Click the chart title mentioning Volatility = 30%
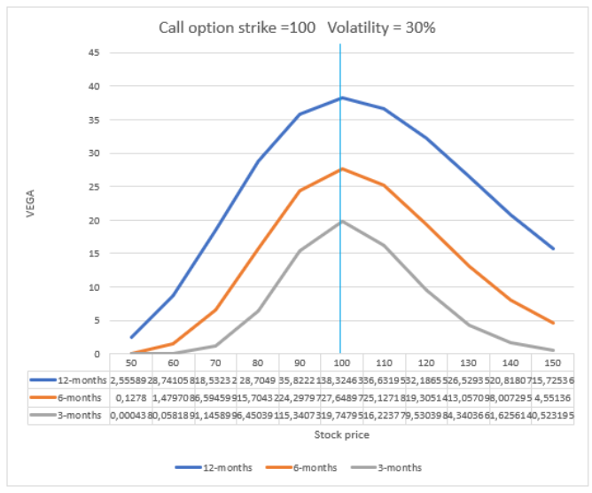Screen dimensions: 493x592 pos(296,27)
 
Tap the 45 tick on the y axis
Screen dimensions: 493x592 pos(93,52)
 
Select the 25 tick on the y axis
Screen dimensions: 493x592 pos(93,186)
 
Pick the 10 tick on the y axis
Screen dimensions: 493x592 pos(93,287)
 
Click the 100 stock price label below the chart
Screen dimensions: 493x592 pos(340,364)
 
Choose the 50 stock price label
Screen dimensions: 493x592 pos(132,364)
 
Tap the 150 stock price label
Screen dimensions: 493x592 pos(551,364)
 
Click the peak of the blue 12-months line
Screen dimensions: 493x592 pos(341,98)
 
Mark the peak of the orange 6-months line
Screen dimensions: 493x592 pos(341,168)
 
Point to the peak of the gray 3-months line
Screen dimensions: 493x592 pos(341,222)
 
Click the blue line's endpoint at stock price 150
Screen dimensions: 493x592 pos(551,249)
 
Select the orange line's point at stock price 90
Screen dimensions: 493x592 pos(300,191)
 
